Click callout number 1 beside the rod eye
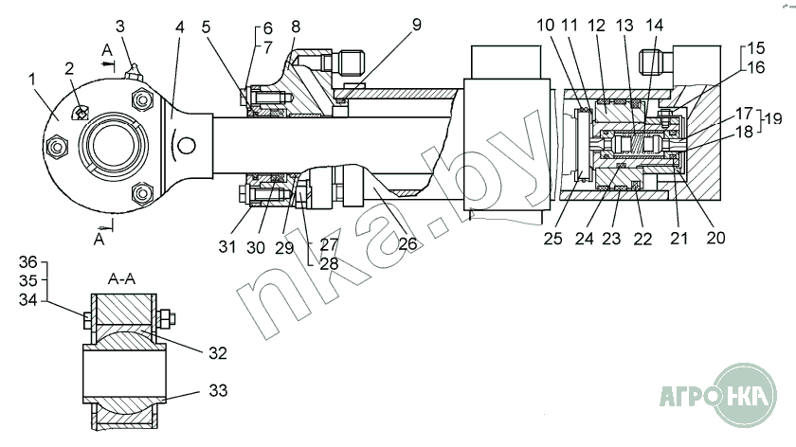click(x=33, y=80)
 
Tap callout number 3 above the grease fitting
click(x=120, y=26)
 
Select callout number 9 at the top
click(x=417, y=25)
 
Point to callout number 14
click(x=655, y=25)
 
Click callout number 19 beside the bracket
click(x=773, y=119)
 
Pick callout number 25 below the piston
click(x=552, y=239)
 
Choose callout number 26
click(x=408, y=244)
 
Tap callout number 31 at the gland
click(x=227, y=246)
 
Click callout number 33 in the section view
click(x=218, y=391)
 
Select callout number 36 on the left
click(x=28, y=261)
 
